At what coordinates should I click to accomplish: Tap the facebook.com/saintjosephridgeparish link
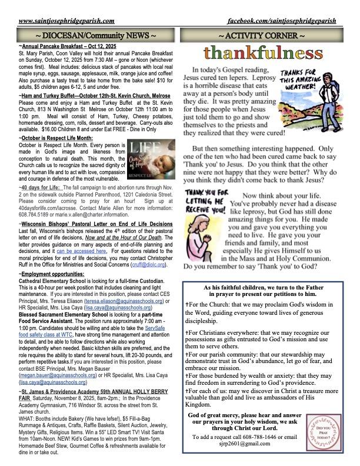[282, 21]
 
